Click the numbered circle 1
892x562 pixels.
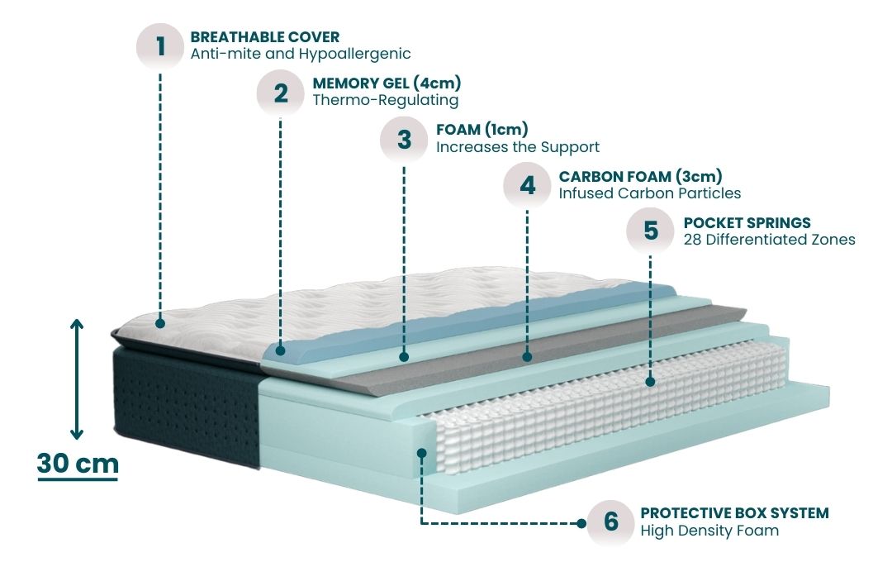pos(160,46)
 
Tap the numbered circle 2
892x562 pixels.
pos(281,93)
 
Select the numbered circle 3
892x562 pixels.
pos(404,140)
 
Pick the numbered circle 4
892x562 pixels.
pos(527,185)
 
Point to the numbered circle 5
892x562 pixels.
pos(650,231)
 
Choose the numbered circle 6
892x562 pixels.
pos(611,522)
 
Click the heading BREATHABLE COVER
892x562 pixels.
pos(264,37)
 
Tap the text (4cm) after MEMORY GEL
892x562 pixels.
pos(437,83)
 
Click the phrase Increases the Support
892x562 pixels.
pos(518,147)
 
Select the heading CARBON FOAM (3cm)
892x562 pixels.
pos(641,177)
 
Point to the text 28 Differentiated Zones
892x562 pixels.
pos(769,240)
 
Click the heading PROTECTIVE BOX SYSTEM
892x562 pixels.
pos(734,513)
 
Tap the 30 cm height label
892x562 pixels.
pos(78,464)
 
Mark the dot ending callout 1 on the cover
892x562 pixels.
pos(160,323)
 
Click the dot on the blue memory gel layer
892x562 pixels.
pos(281,350)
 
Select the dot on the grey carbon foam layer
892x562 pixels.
pos(527,357)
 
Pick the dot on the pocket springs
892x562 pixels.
pos(651,382)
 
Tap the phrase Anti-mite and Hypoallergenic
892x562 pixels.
pos(301,54)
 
